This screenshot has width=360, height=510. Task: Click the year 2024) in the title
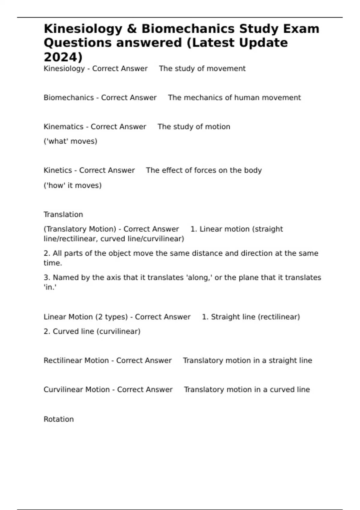(63, 57)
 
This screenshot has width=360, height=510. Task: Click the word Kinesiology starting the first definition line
(64, 69)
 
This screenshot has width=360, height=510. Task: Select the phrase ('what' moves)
(70, 141)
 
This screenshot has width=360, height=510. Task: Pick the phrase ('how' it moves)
(73, 185)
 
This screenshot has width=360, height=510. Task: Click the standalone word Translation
(63, 214)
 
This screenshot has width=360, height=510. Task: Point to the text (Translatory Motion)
(80, 229)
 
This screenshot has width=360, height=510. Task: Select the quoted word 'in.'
(50, 287)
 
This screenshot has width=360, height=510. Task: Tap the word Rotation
(58, 419)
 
